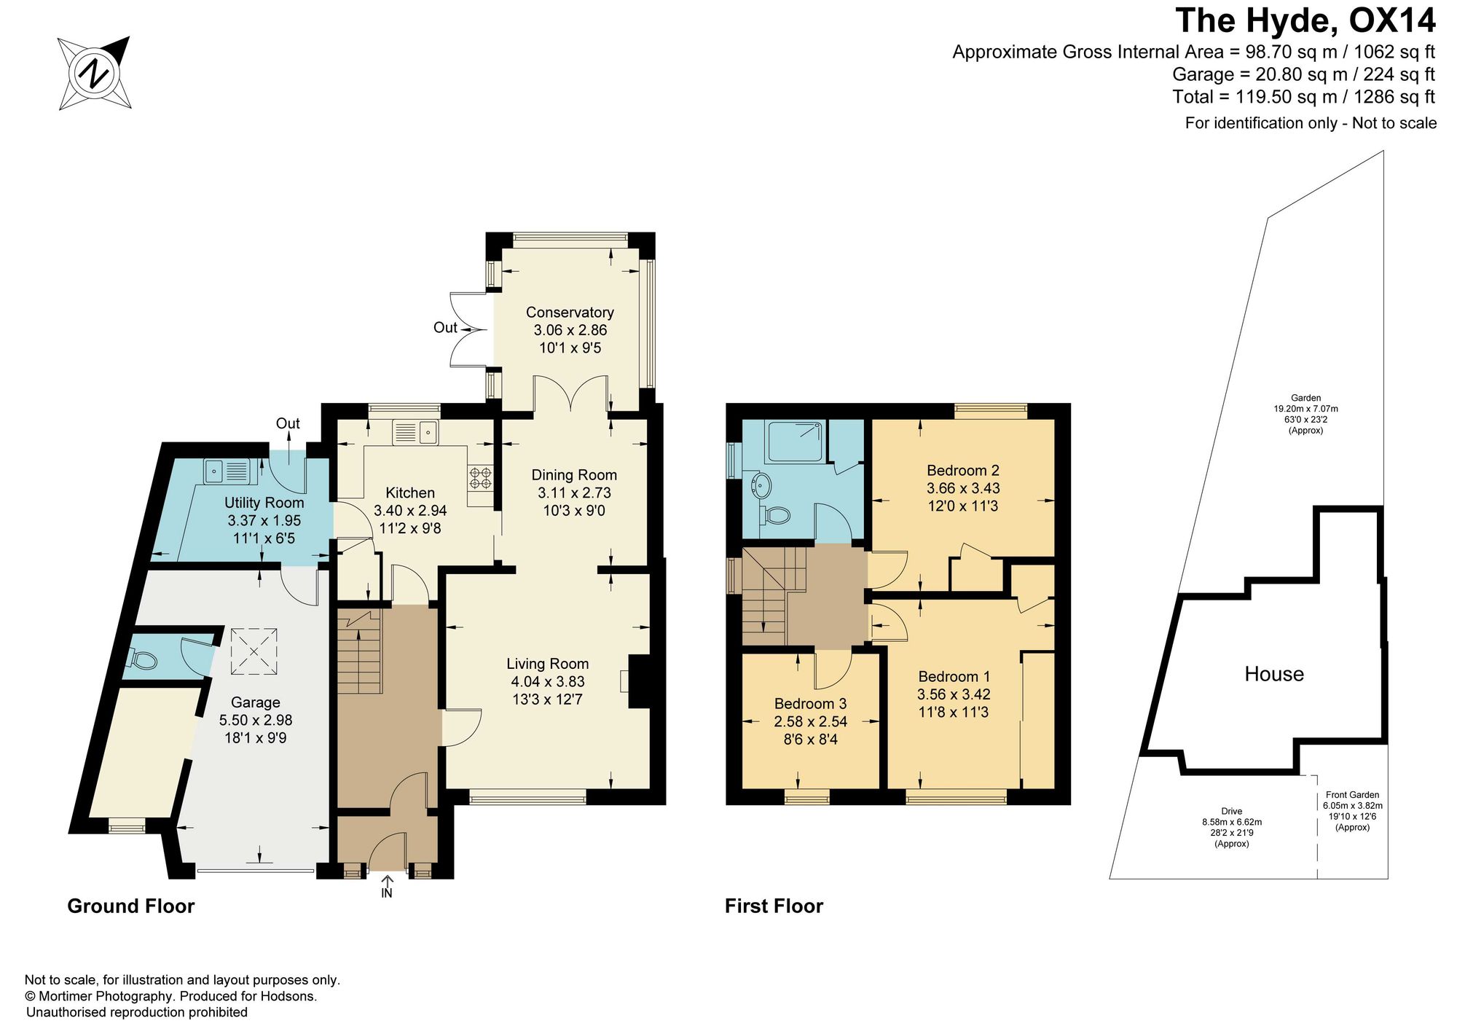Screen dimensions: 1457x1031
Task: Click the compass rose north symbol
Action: tap(95, 73)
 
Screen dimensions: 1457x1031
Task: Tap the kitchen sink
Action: tap(415, 432)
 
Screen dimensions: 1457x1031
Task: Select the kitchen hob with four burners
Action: tap(481, 478)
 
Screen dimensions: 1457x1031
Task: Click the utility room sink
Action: tap(227, 470)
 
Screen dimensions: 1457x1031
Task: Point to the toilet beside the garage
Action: tap(143, 660)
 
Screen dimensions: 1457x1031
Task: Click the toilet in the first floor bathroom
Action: tap(775, 515)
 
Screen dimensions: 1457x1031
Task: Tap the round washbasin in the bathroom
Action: tap(761, 485)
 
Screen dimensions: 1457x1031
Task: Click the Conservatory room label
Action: tap(570, 313)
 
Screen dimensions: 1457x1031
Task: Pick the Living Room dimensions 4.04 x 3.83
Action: tap(548, 682)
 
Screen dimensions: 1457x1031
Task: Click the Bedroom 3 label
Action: tap(810, 704)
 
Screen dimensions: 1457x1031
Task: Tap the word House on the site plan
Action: tap(1274, 674)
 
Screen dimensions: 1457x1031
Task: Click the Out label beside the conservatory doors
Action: tap(445, 328)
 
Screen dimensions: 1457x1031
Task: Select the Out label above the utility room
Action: tap(288, 423)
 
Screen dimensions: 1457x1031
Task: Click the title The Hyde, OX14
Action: tap(1305, 20)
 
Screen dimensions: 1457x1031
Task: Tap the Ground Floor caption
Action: tap(131, 906)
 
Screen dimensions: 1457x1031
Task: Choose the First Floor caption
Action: tap(774, 906)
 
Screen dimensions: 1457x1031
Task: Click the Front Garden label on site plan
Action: tap(1352, 795)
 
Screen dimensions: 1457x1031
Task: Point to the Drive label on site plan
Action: tap(1232, 811)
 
